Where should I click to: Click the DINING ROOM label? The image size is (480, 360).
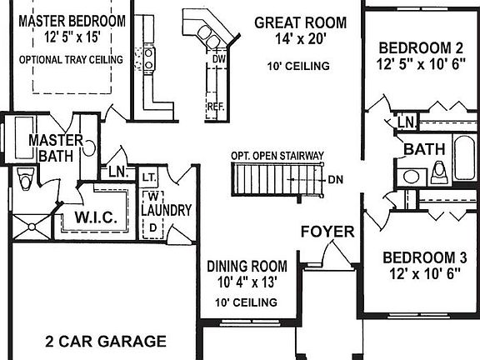247,267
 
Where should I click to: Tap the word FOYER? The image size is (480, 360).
327,231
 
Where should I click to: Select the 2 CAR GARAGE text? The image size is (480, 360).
105,341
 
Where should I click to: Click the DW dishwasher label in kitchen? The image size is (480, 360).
219,60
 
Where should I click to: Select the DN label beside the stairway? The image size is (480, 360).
336,178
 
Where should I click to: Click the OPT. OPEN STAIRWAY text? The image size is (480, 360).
277,155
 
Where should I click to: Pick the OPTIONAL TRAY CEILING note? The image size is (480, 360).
71,59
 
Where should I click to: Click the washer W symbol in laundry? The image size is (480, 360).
154,196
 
